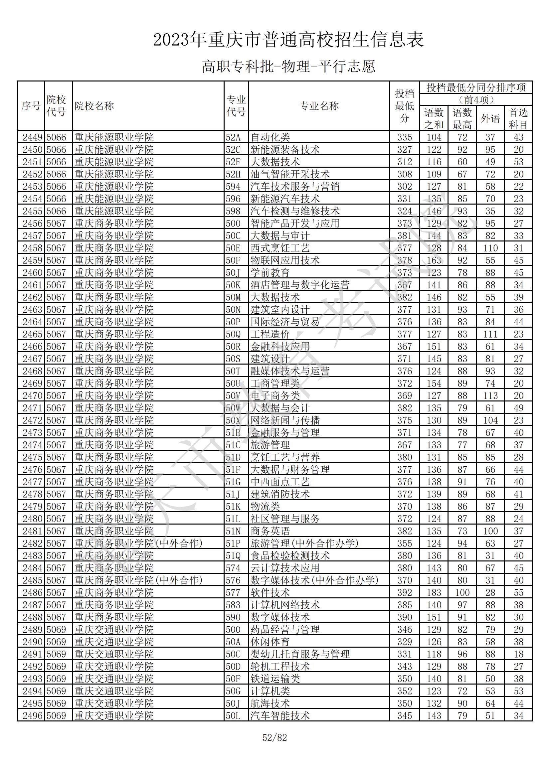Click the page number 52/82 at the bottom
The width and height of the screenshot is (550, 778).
[275, 737]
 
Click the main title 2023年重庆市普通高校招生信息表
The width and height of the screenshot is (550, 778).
[288, 40]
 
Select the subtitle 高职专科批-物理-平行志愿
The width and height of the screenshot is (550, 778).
[288, 67]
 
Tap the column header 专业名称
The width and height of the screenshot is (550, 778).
[319, 106]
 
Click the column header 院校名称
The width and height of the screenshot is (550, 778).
[94, 106]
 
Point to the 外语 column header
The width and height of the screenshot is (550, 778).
[490, 118]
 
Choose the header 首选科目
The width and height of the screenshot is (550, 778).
[518, 118]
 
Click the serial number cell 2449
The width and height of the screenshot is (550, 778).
[32, 137]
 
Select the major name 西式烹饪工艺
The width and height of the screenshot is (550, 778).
[280, 248]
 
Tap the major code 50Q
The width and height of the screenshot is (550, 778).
[233, 334]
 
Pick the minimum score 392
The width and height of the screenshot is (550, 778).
[405, 593]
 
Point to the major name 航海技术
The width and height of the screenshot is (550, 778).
[270, 703]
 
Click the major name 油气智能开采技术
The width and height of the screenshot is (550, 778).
[290, 174]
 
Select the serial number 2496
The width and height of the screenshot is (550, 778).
[32, 716]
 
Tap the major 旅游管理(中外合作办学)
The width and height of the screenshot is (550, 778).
[304, 544]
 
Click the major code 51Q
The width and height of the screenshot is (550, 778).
[233, 556]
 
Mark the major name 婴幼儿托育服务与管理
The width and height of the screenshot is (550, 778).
[299, 654]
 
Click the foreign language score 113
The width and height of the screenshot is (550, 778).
[490, 396]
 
